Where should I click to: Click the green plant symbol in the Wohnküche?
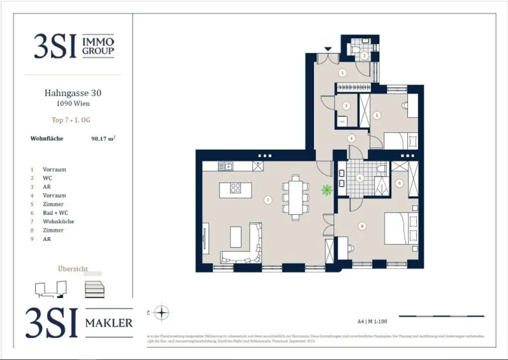click(x=326, y=189)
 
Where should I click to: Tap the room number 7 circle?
click(x=268, y=200)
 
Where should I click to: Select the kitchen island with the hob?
click(x=235, y=190)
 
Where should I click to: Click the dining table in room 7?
click(x=295, y=197)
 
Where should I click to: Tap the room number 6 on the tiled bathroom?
click(x=360, y=178)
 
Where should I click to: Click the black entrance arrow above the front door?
click(x=327, y=49)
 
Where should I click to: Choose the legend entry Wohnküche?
click(x=58, y=222)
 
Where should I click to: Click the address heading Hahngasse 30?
click(x=73, y=93)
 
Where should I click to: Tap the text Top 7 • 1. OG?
click(x=71, y=120)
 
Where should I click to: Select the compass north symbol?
click(x=162, y=313)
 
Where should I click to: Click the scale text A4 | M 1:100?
click(x=372, y=321)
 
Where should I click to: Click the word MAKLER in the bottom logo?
click(x=109, y=323)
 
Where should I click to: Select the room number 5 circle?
click(x=377, y=115)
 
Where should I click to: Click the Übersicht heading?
click(x=73, y=269)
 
